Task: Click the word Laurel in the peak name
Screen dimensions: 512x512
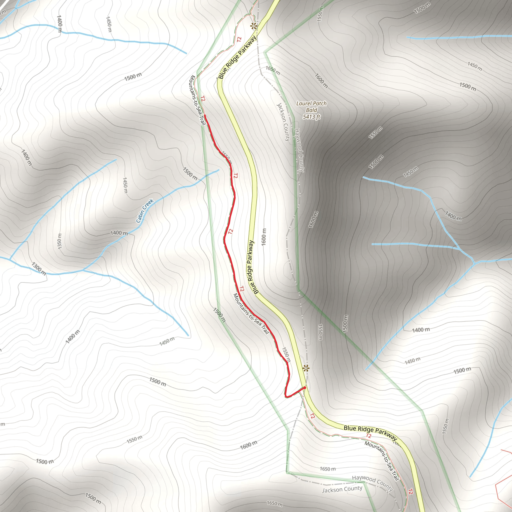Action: coord(303,103)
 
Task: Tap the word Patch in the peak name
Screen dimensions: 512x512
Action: coord(319,103)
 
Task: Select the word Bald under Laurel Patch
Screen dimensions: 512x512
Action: coord(311,110)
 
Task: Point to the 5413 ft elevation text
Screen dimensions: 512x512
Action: coord(311,116)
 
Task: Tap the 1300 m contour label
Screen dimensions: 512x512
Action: coord(39,268)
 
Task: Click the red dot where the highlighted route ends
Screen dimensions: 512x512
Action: coord(305,388)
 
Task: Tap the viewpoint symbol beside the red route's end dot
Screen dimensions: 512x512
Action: coord(306,368)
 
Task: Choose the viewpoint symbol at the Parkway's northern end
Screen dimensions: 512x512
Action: coord(253,26)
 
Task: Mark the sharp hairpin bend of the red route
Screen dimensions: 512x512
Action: coord(286,396)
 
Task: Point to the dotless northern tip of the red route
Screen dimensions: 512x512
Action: coord(205,115)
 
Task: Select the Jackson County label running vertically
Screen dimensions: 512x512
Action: coord(283,122)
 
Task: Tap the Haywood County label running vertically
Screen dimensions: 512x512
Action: coord(299,150)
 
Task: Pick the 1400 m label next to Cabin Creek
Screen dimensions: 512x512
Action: coord(119,233)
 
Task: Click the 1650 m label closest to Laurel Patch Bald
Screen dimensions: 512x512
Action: coord(273,70)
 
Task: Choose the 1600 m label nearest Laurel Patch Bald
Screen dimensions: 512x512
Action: coord(321,80)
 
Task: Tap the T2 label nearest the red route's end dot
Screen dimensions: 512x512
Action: coord(312,416)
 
